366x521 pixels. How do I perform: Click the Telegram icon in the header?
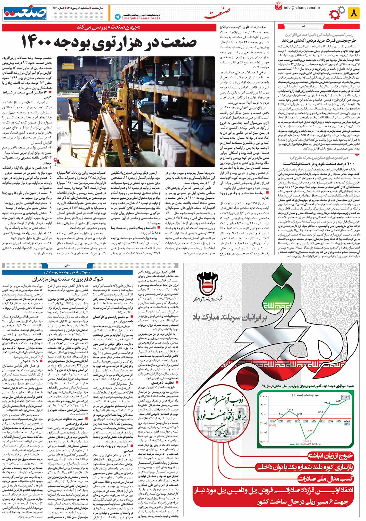pos(117,16)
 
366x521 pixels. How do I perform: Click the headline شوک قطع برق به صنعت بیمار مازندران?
pos(68,279)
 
